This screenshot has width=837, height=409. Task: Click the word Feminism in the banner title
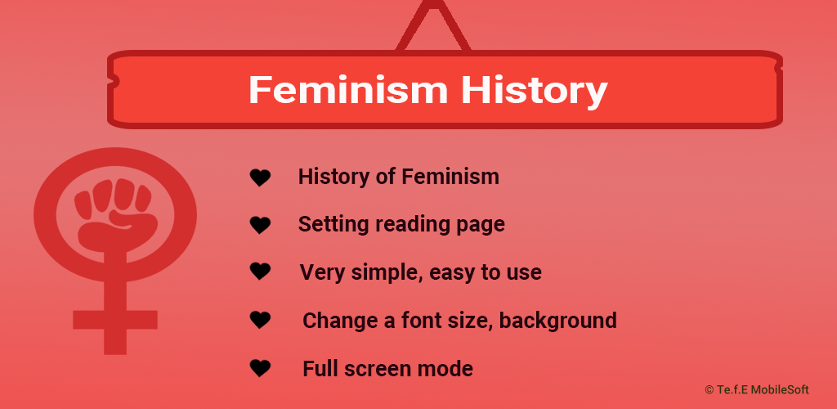pos(348,89)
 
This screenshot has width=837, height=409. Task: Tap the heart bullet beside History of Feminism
pos(261,178)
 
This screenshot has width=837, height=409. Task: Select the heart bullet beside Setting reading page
pos(261,225)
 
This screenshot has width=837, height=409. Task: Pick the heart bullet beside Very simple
pos(261,272)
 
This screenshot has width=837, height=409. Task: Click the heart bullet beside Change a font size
pos(261,320)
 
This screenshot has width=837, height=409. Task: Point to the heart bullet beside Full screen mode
pos(261,368)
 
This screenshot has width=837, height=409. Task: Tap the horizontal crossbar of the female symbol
pos(115,320)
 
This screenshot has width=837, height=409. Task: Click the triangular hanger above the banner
pos(433,27)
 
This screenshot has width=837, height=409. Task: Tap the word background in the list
pos(557,321)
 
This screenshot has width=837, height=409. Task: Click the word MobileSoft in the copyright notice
pos(780,390)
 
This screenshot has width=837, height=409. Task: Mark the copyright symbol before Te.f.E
pos(709,390)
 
